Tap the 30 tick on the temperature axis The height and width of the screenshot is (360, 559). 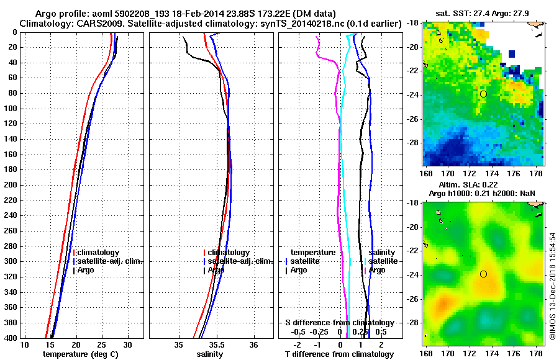[128, 344]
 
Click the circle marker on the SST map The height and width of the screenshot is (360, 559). [483, 94]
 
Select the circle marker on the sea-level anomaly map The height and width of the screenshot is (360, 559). [483, 274]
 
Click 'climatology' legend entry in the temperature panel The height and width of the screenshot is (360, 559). [99, 253]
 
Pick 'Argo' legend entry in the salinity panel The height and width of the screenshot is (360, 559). [217, 270]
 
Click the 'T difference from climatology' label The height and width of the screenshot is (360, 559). [339, 354]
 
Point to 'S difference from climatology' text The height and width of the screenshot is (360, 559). [339, 323]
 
